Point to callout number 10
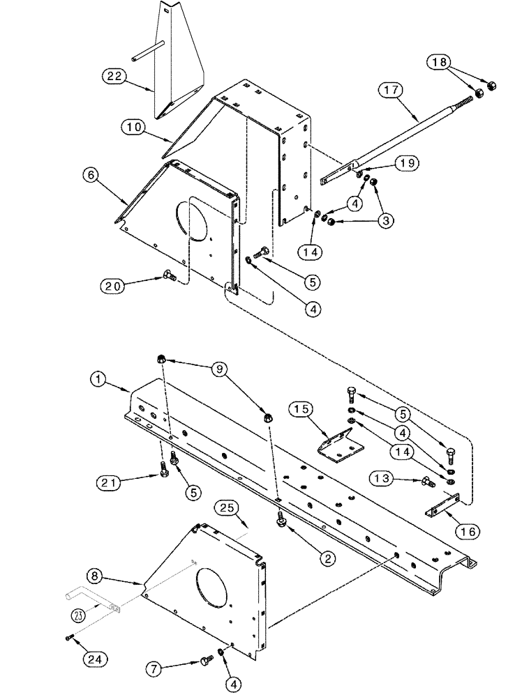pos(133,127)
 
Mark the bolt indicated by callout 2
pos(281,518)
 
